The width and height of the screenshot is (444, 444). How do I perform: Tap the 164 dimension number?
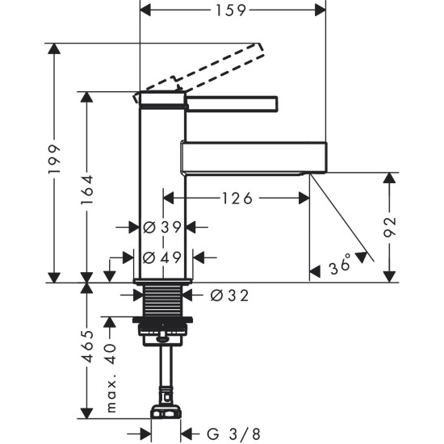86,187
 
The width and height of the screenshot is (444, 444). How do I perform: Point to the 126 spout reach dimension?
237,198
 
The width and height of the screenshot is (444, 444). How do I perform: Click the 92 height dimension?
390,226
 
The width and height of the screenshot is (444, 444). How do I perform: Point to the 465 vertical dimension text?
86,350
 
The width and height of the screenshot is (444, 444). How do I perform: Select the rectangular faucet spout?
254,157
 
